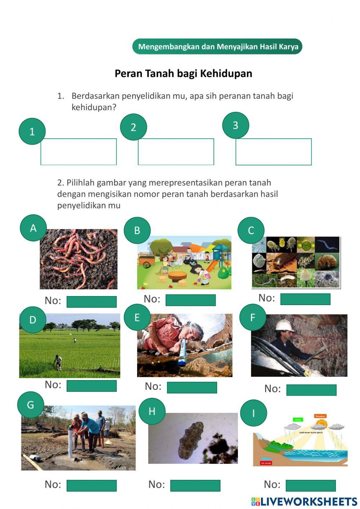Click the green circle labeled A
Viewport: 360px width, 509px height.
click(x=33, y=228)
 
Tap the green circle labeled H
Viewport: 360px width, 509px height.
click(x=152, y=411)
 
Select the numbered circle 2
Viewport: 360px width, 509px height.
click(x=133, y=127)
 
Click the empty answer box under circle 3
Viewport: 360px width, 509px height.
click(x=273, y=152)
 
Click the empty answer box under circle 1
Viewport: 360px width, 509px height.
click(x=78, y=152)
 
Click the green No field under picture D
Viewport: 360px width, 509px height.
click(x=91, y=386)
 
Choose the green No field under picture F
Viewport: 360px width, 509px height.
click(x=311, y=390)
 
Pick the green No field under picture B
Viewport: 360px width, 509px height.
click(x=190, y=300)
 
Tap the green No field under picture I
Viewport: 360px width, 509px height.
click(x=310, y=485)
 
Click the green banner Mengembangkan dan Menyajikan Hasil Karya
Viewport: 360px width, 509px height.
click(x=217, y=47)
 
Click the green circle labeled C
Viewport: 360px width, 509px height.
click(x=251, y=231)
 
